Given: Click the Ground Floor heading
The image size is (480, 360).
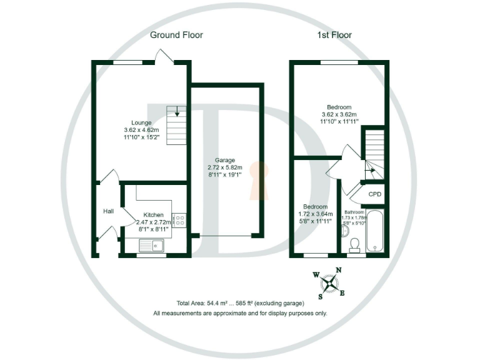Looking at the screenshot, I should (176, 35).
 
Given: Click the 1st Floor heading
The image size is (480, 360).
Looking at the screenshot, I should (334, 35).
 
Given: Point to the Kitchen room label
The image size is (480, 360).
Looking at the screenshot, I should (153, 214).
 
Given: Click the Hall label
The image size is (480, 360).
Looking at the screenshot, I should (109, 211).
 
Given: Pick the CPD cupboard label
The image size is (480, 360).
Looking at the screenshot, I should (375, 194).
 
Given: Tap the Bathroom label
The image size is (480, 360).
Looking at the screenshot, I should (354, 212).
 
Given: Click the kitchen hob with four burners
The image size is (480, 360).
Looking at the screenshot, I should (177, 221).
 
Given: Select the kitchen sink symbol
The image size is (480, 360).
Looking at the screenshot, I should (151, 246).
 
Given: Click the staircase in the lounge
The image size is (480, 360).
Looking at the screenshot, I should (177, 125).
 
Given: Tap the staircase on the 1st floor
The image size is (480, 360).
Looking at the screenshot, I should (374, 153).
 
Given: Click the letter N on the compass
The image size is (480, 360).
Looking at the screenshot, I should (339, 270).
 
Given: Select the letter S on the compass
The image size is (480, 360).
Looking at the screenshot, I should (321, 296).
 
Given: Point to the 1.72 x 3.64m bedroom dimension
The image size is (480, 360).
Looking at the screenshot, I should (315, 214).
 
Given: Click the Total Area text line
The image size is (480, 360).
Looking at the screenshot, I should (239, 303).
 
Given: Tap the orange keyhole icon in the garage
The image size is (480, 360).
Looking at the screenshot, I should (256, 180).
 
